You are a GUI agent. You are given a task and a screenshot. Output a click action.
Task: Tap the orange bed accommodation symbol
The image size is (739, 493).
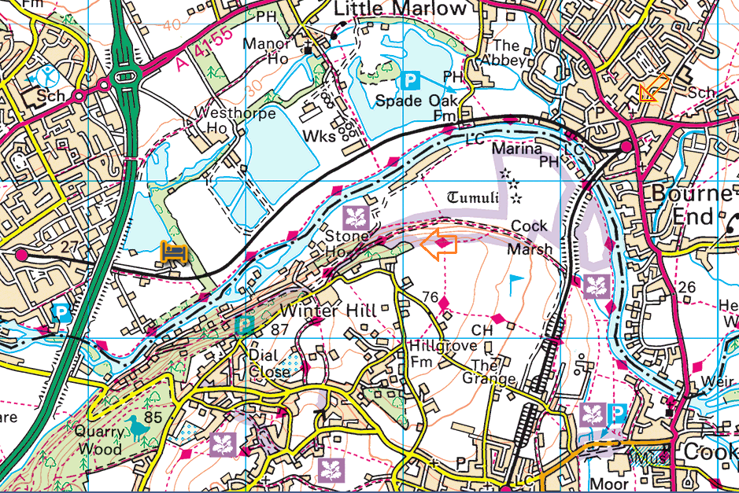[174, 252]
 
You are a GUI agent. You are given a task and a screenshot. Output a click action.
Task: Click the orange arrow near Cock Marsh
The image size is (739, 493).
[439, 245]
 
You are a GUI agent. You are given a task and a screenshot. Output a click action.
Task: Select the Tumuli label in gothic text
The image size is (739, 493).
[474, 197]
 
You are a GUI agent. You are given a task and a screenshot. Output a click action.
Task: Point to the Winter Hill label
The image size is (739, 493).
[333, 311]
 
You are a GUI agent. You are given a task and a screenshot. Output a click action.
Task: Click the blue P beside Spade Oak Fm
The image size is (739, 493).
[410, 79]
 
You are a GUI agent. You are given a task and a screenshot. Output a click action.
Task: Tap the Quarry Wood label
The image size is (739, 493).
[99, 440]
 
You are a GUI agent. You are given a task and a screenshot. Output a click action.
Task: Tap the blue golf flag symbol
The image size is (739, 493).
[515, 281]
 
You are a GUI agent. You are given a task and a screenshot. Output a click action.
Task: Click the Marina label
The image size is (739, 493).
[516, 148]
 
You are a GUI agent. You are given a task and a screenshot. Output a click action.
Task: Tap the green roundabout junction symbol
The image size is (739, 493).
[124, 77]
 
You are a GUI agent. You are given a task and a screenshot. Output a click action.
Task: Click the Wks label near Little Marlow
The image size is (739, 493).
[320, 135]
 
